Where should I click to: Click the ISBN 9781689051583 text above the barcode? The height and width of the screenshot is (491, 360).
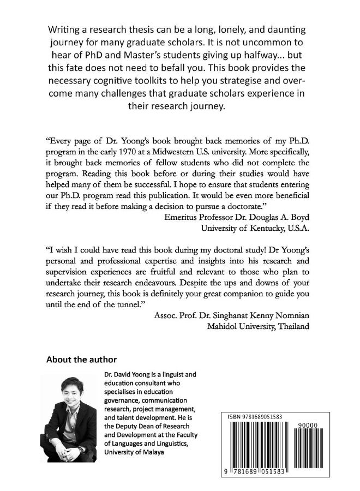click(x=255, y=416)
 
